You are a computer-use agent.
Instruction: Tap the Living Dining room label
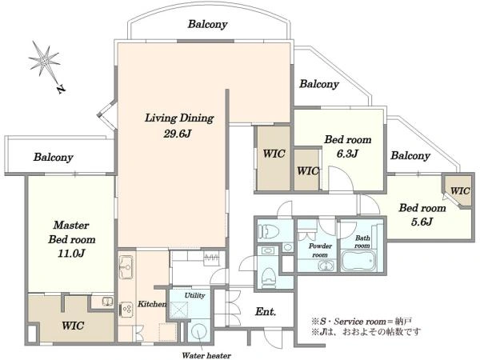point(179,118)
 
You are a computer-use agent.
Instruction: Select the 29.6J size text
point(178,134)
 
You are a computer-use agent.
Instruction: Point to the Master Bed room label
point(72,232)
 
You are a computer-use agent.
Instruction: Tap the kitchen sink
point(126,267)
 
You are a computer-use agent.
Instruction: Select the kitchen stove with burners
point(126,310)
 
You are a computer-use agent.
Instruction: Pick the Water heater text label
point(206,355)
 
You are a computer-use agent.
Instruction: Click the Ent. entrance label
point(266,312)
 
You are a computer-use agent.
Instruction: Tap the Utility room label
point(194,295)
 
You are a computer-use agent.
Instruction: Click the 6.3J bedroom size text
point(347,154)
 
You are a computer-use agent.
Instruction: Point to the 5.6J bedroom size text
point(422,222)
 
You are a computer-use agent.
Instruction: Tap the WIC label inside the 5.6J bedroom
point(460,190)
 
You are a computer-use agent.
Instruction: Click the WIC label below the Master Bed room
point(73,325)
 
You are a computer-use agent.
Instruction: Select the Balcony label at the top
point(207,24)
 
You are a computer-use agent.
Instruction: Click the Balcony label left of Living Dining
point(54,158)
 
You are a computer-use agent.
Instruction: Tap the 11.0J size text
point(71,254)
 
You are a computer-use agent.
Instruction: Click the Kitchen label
point(152,304)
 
